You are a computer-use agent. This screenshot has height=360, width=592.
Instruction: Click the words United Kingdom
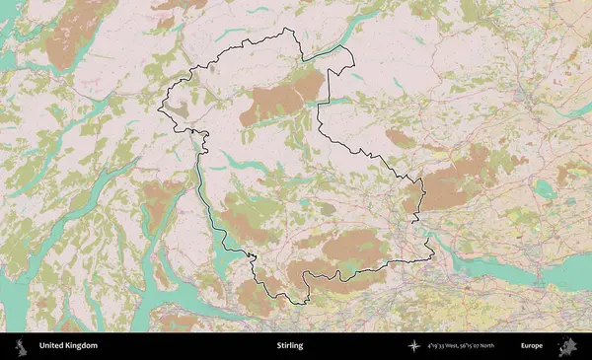[x=68, y=346]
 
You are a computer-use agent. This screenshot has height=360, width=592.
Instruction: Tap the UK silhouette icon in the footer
[x=19, y=346]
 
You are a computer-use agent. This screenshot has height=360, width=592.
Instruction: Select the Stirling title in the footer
[x=290, y=346]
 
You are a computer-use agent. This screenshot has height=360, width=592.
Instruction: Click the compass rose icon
[x=414, y=346]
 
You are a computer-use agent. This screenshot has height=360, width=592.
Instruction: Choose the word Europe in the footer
[x=532, y=346]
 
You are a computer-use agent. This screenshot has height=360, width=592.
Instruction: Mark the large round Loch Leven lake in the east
[x=542, y=187]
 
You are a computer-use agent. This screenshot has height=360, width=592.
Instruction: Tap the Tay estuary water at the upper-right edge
[x=577, y=108]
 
